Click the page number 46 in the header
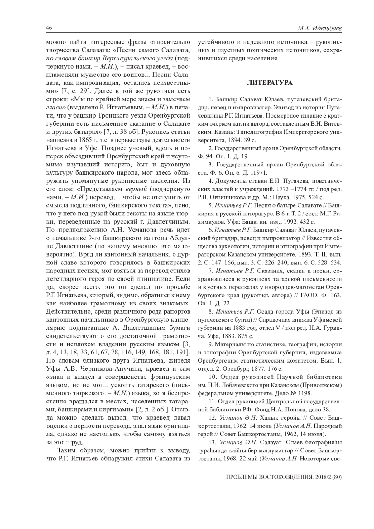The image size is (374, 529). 49,28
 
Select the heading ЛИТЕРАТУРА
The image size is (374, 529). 270,83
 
